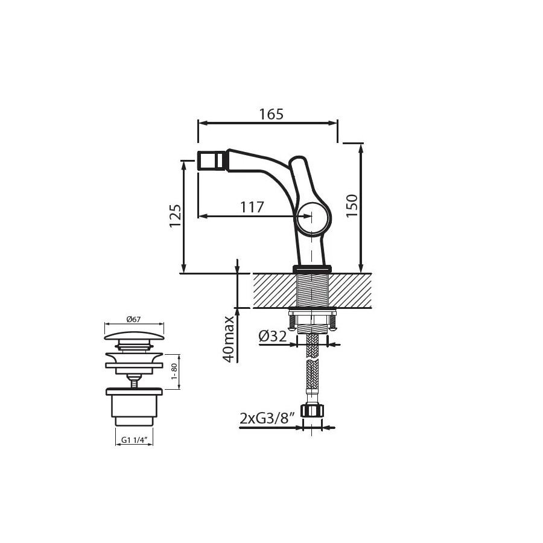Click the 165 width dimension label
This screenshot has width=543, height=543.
(271, 114)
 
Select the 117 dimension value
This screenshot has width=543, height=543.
(252, 208)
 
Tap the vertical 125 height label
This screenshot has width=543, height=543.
(175, 216)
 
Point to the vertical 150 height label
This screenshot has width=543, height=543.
(352, 206)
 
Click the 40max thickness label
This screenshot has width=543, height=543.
(229, 339)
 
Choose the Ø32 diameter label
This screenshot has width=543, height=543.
(273, 336)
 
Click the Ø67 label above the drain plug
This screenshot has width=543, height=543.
(134, 319)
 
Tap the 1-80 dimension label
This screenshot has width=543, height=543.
(174, 372)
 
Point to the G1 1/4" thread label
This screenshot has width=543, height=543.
(135, 440)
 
